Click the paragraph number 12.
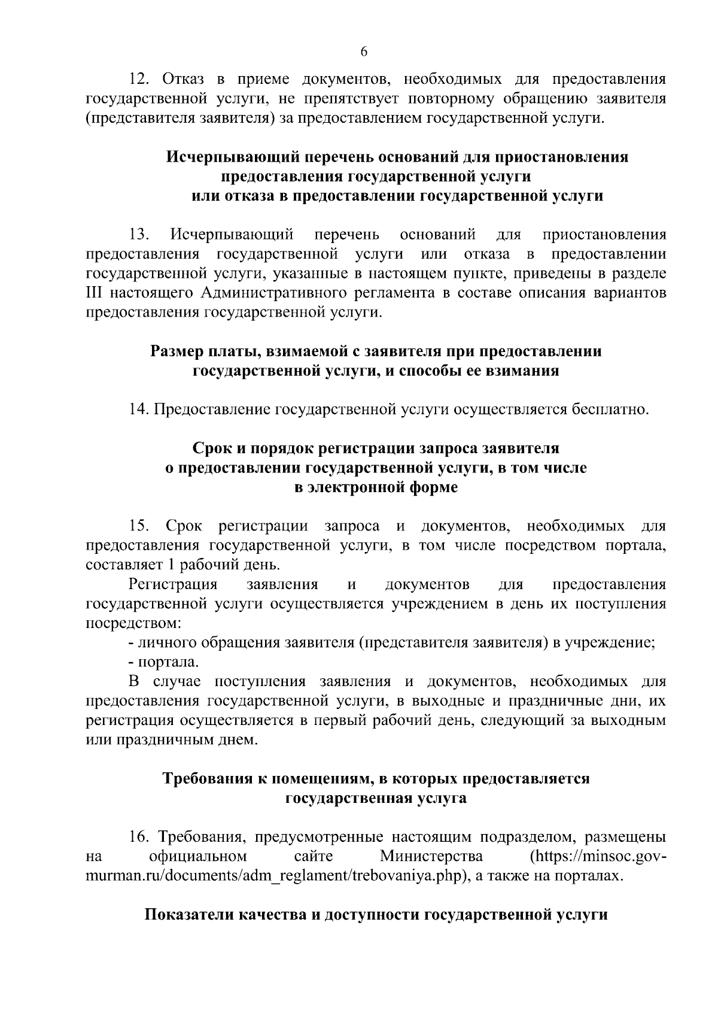(141, 80)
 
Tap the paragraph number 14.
(139, 410)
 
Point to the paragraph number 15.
(140, 527)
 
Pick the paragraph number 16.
(140, 837)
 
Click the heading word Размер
(177, 351)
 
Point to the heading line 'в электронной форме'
(376, 487)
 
